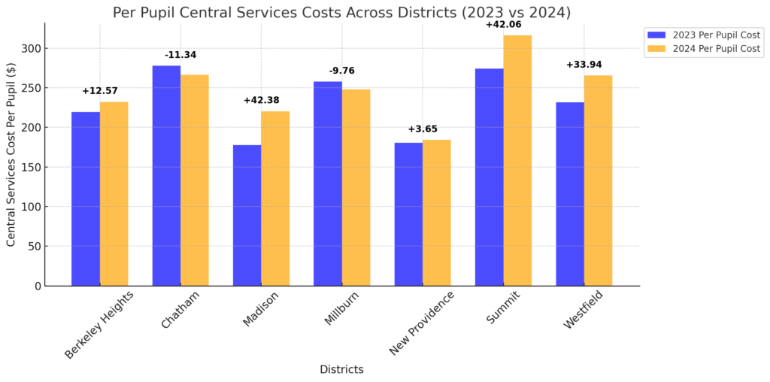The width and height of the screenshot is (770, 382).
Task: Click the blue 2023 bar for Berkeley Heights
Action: (x=86, y=199)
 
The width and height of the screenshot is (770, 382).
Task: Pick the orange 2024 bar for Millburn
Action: (x=356, y=188)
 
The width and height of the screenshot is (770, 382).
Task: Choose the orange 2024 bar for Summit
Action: (x=517, y=161)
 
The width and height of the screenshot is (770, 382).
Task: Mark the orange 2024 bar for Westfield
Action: (x=598, y=180)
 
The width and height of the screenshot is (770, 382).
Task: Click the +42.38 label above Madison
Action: (x=261, y=100)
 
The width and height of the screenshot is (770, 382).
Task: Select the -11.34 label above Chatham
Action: (x=180, y=55)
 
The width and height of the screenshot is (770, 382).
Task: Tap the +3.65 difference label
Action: (x=423, y=129)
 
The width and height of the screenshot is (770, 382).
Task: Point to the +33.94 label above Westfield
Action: (x=584, y=65)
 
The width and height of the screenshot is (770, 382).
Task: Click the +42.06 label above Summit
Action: (x=503, y=25)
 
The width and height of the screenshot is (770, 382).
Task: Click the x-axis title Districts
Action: (x=341, y=369)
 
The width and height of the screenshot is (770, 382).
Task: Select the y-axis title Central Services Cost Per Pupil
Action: (x=11, y=154)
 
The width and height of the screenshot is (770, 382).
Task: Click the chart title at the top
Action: (x=341, y=12)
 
